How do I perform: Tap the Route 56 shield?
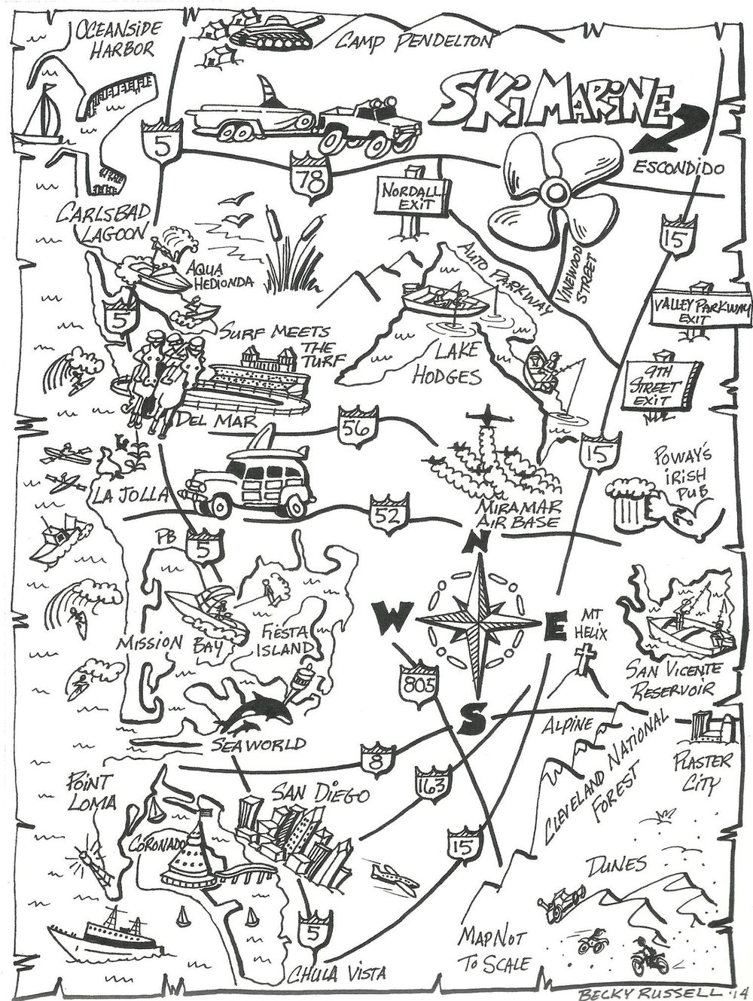click(x=357, y=428)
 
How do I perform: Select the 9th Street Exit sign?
click(x=661, y=386)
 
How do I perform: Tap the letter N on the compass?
click(x=478, y=540)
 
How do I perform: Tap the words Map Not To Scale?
click(x=495, y=950)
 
